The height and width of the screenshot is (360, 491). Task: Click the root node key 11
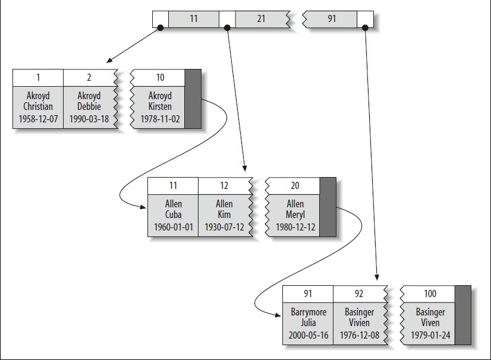point(194,19)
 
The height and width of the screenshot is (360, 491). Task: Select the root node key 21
point(261,19)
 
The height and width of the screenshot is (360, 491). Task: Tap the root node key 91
point(332,19)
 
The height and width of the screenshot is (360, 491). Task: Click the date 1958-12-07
point(38,119)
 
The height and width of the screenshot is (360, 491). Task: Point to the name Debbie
point(89,106)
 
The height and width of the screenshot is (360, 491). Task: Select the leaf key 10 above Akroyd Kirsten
point(160,77)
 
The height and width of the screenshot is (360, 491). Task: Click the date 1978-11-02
point(160,119)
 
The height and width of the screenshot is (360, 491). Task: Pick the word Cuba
point(173,214)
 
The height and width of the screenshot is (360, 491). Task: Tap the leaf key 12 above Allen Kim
point(224,185)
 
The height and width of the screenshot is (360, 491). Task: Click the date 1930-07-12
point(224,227)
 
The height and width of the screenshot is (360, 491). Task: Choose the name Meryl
point(295,214)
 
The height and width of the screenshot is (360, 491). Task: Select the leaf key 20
point(295,185)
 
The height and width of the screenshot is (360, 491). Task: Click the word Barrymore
point(309,312)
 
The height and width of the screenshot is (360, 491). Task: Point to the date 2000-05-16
point(309,335)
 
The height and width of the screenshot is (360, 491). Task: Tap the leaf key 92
point(359,293)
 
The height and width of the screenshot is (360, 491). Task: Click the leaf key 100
point(430,293)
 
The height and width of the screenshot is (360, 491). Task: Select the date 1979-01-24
point(430,335)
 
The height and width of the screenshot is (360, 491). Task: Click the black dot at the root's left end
point(160,27)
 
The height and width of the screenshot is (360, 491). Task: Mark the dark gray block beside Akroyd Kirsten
point(193,99)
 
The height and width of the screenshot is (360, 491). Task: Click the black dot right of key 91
point(365,27)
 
